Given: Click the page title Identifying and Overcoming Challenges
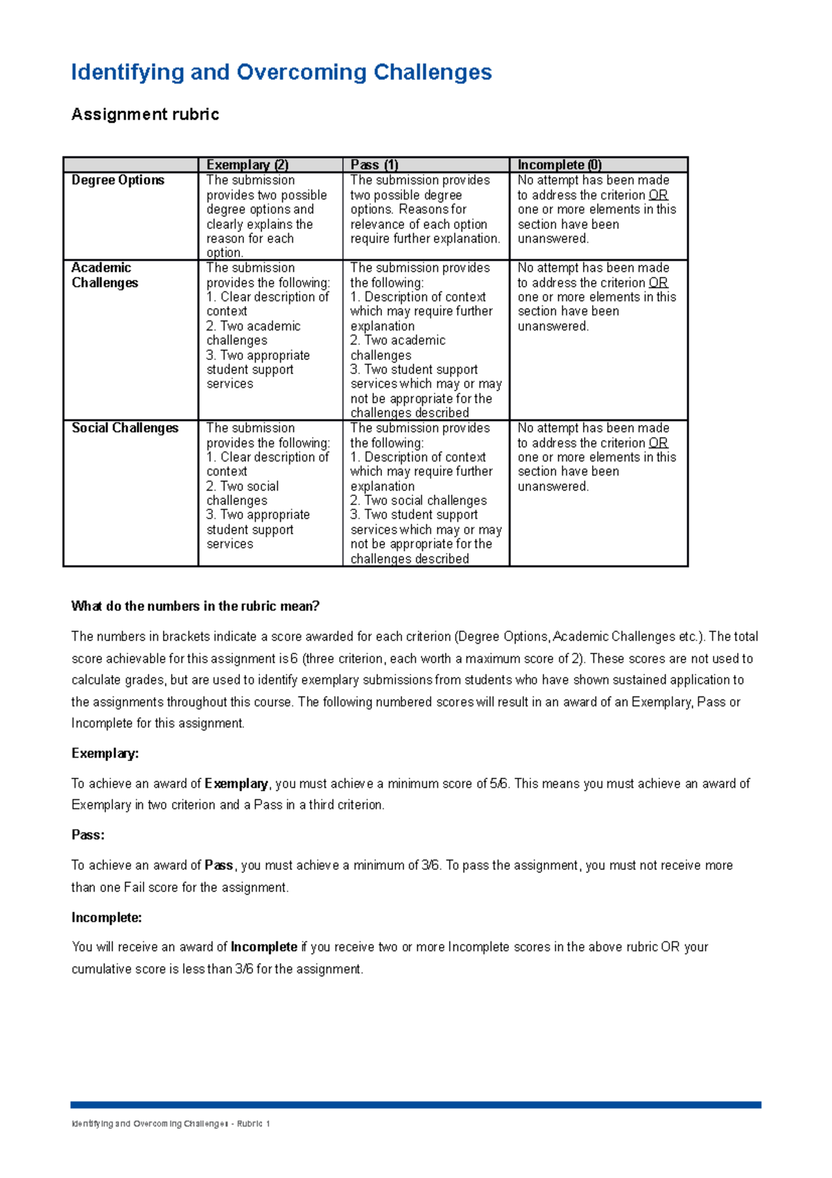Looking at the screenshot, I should click(x=281, y=72).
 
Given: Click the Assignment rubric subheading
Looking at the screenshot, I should click(x=145, y=114).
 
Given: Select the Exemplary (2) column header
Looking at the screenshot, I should click(x=247, y=164).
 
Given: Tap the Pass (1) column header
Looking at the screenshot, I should click(x=374, y=164).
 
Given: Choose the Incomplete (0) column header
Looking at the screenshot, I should click(x=560, y=164).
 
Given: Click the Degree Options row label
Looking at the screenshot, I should click(x=118, y=180).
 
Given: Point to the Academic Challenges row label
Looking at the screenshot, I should click(x=105, y=275).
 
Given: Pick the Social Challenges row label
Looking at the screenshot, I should click(x=125, y=428).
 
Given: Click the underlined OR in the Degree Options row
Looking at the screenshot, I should click(x=658, y=196).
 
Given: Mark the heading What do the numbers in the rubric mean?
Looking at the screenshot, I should click(x=195, y=606).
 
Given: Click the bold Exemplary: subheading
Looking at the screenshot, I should click(x=105, y=753).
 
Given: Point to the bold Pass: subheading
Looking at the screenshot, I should click(x=87, y=835).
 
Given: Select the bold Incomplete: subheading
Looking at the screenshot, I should click(x=106, y=918).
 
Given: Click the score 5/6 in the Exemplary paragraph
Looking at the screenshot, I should click(x=499, y=784).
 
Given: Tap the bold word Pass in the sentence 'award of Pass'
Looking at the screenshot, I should click(x=219, y=866).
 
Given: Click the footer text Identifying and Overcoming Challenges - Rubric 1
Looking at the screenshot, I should click(x=170, y=1124).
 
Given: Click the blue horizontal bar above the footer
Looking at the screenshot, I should click(x=415, y=1105).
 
